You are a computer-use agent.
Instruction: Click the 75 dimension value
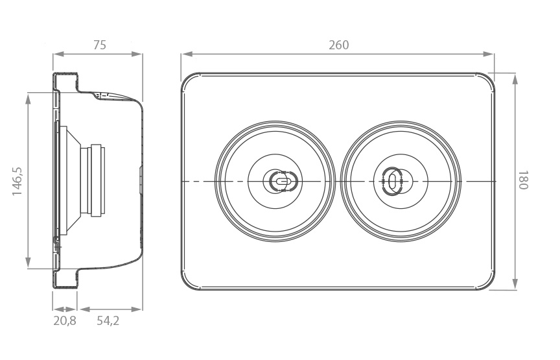coord(100,45)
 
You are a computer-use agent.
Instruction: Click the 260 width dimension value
coord(338,45)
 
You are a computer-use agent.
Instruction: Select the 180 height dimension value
coord(522,180)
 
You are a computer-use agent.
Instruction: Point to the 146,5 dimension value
coord(17,181)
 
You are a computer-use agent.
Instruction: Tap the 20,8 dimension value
coord(65,320)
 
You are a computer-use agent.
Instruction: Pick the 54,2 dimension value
coord(108,320)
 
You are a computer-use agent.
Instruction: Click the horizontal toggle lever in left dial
coord(283,181)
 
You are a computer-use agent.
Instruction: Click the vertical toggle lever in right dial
coord(391,181)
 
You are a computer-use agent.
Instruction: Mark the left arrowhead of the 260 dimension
coord(187,54)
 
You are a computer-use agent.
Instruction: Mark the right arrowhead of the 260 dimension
coord(488,54)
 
